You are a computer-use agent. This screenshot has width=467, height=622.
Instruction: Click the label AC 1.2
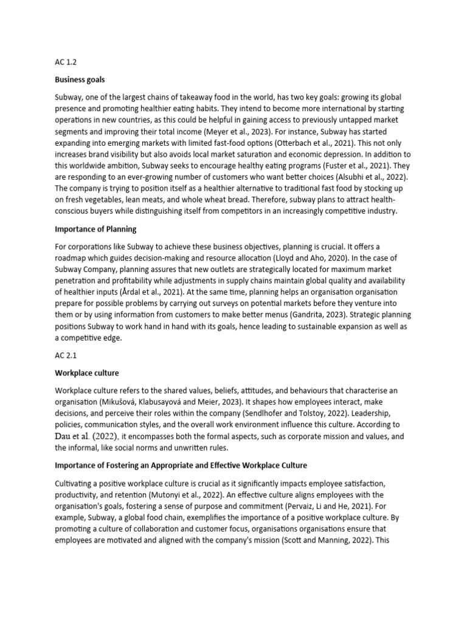(66, 61)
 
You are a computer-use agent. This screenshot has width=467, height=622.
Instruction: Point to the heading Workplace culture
(87, 372)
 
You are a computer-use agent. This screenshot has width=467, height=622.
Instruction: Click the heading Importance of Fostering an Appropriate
(181, 465)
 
